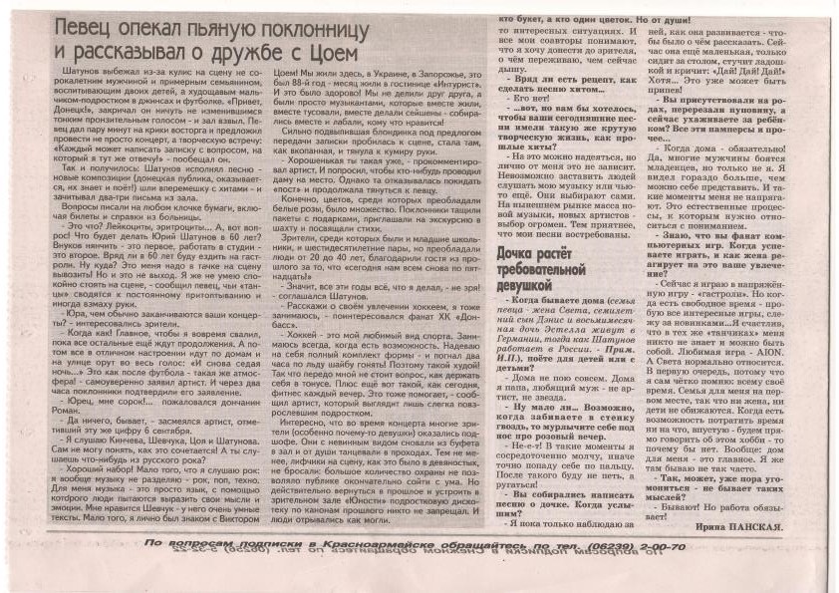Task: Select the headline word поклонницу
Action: click(343, 29)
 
